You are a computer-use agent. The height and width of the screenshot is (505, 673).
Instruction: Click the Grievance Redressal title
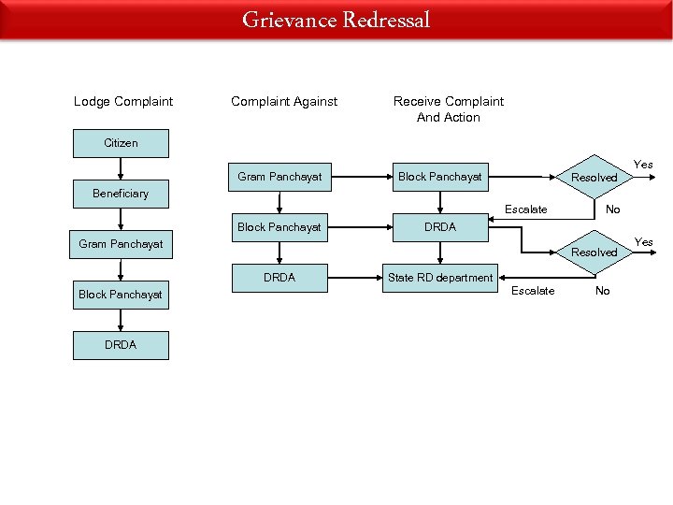coord(336,20)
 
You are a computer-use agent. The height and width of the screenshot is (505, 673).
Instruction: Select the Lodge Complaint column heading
coord(123,101)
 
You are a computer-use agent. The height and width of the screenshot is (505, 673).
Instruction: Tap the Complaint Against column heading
coord(284,101)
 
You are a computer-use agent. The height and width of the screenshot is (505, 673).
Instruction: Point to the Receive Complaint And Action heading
coord(449,108)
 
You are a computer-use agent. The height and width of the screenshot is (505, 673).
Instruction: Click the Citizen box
coord(121,143)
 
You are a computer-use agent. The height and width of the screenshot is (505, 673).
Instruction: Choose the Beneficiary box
coord(121,194)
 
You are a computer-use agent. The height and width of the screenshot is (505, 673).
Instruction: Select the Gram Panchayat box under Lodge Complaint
coord(121,244)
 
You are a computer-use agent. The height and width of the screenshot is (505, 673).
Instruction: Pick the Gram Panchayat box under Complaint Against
coord(279,176)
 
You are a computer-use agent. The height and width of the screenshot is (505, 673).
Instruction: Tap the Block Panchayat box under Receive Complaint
coord(440,176)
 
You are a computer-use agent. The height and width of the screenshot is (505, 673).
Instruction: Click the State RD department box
coord(440,278)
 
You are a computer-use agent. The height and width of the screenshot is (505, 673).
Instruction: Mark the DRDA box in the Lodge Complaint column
coord(121,345)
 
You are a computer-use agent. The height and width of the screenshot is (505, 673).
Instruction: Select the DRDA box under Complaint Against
coord(279,278)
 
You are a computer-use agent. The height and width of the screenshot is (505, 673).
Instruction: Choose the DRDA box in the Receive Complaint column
coord(440,227)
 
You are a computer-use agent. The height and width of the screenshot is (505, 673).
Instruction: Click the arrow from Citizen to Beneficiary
coord(121,168)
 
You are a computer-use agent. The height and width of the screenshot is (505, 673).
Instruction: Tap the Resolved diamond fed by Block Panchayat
coord(594,177)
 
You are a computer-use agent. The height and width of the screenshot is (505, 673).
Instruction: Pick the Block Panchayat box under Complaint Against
coord(279,227)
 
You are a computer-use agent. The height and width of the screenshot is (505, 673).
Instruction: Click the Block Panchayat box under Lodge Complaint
coord(121,295)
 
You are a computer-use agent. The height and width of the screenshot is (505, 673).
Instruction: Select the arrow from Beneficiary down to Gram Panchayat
coord(121,219)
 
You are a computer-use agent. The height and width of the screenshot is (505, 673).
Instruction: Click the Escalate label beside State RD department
coord(533,291)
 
